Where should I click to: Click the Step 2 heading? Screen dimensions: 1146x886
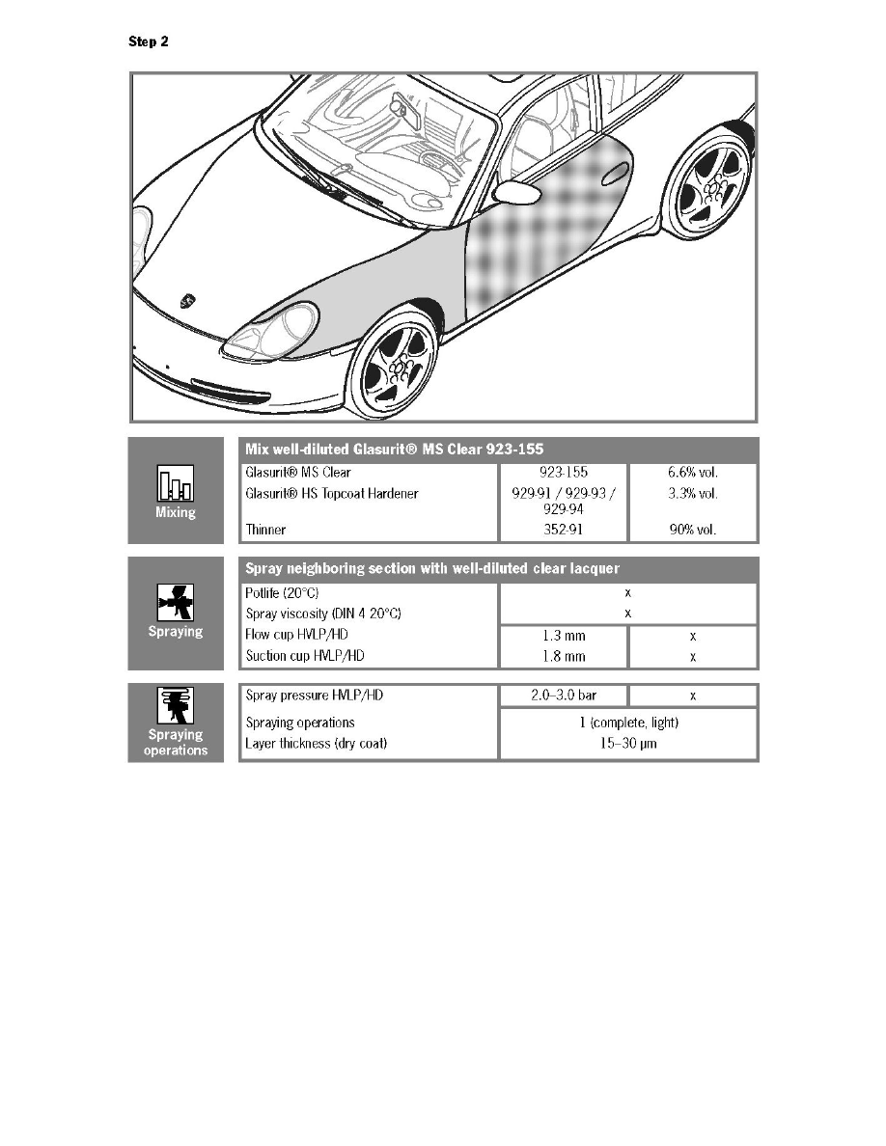point(149,42)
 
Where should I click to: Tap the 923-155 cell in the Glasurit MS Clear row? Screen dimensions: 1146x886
point(564,473)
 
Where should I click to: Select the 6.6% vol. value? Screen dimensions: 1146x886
point(692,473)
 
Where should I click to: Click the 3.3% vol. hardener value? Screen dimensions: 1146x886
point(692,494)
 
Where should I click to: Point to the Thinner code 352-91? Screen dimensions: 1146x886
point(564,531)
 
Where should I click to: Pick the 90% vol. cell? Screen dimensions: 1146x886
point(692,531)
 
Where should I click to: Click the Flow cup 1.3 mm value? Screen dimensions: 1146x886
point(564,637)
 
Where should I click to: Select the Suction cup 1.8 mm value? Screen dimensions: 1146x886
point(564,657)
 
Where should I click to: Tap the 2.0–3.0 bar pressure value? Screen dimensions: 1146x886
point(564,696)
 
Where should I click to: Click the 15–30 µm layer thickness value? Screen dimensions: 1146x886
point(627,745)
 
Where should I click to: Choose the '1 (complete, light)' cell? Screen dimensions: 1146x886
point(627,723)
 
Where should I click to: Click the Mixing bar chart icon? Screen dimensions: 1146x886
point(176,483)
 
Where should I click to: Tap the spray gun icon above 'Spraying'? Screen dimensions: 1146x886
point(176,603)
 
